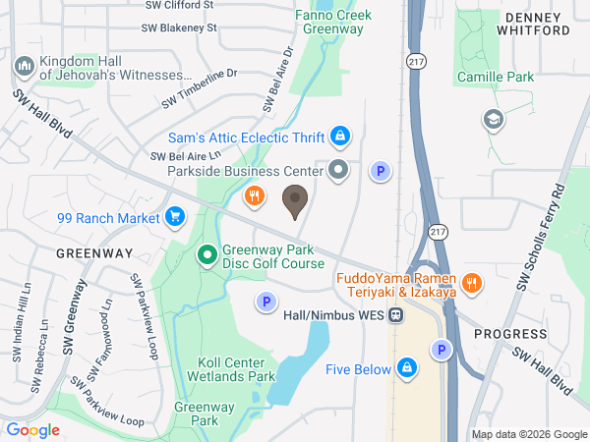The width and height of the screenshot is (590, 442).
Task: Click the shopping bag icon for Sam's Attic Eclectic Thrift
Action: click(x=340, y=136)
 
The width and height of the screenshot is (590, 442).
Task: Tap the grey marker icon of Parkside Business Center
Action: click(x=339, y=170)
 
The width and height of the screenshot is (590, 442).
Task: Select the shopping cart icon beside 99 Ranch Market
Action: click(x=176, y=216)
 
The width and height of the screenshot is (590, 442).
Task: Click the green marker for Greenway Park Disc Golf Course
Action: click(x=207, y=257)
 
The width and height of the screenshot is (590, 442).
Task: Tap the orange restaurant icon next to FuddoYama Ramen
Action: click(x=472, y=283)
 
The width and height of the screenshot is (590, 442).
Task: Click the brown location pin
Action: click(x=294, y=201)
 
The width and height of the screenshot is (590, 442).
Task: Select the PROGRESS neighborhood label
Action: click(x=510, y=334)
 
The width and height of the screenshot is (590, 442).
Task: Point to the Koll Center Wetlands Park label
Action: click(x=237, y=369)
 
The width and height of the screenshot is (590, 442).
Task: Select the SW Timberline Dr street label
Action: click(x=201, y=86)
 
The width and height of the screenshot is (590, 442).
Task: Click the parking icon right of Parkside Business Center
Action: click(x=381, y=172)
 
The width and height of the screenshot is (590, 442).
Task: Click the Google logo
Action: click(x=32, y=430)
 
